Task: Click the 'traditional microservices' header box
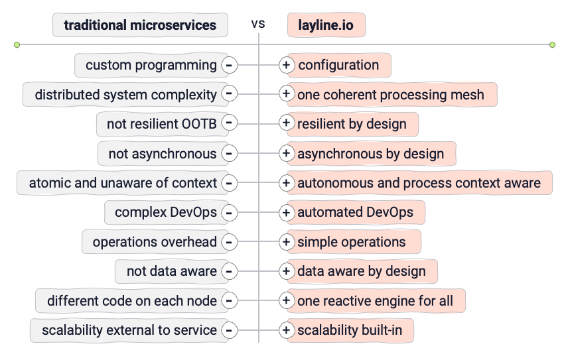tap(140, 25)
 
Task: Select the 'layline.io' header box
tap(326, 25)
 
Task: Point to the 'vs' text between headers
tap(258, 24)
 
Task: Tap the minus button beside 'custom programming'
tap(229, 65)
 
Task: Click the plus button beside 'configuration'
tap(286, 65)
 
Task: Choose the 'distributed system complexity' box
tap(125, 95)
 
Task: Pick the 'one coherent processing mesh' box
tap(391, 95)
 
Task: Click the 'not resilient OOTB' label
tap(162, 124)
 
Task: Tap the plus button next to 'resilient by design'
tap(286, 123)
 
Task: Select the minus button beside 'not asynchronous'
tap(229, 154)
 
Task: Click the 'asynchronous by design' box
tap(370, 154)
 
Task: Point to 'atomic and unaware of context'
tap(123, 183)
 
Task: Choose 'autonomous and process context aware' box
tap(419, 183)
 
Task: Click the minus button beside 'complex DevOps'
tap(229, 213)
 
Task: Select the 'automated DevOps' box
tap(355, 213)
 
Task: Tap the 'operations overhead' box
tap(155, 242)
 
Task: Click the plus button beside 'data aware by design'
tap(286, 271)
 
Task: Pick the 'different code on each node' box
tap(131, 301)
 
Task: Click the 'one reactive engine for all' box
tap(375, 301)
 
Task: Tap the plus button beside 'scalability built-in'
tap(286, 330)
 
